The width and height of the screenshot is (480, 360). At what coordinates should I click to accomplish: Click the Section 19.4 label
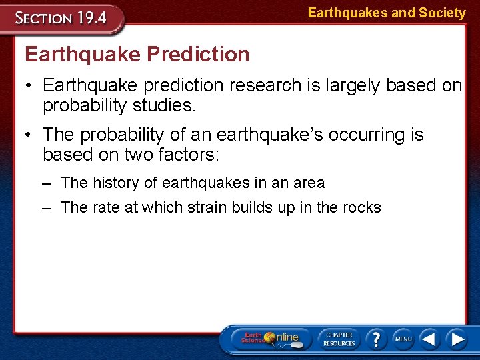point(61,17)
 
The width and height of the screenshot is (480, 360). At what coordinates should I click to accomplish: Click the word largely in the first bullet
point(351,85)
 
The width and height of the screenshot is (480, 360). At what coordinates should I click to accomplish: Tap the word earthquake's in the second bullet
point(255,135)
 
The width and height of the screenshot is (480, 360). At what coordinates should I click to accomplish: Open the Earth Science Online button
point(269,339)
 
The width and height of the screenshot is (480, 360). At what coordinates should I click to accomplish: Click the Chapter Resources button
point(339,339)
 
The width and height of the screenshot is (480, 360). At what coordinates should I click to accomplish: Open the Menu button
point(403,339)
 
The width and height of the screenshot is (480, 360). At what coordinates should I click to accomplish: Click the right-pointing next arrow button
point(457,339)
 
